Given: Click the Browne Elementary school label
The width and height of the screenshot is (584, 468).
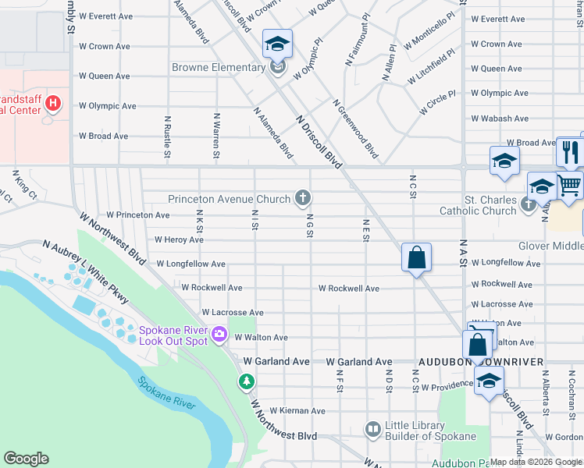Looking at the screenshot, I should click(x=219, y=68).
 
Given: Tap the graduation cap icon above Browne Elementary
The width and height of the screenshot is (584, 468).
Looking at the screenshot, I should click(x=277, y=44).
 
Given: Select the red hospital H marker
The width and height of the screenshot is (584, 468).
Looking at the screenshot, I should click(x=53, y=102).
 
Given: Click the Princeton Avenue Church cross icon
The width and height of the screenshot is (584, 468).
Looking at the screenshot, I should click(x=302, y=198).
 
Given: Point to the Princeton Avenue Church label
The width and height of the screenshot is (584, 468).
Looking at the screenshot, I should click(x=229, y=199).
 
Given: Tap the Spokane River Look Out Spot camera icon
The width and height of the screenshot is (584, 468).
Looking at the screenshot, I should click(x=219, y=335).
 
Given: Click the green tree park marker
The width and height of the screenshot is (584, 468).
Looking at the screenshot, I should click(x=246, y=381).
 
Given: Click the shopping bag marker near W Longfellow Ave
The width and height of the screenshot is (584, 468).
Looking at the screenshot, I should click(x=416, y=257).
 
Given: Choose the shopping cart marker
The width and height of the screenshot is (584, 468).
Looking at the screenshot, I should click(x=570, y=186).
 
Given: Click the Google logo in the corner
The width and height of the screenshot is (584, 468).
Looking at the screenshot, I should click(x=26, y=459).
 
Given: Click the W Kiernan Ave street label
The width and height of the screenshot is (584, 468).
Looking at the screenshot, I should click(x=297, y=410).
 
